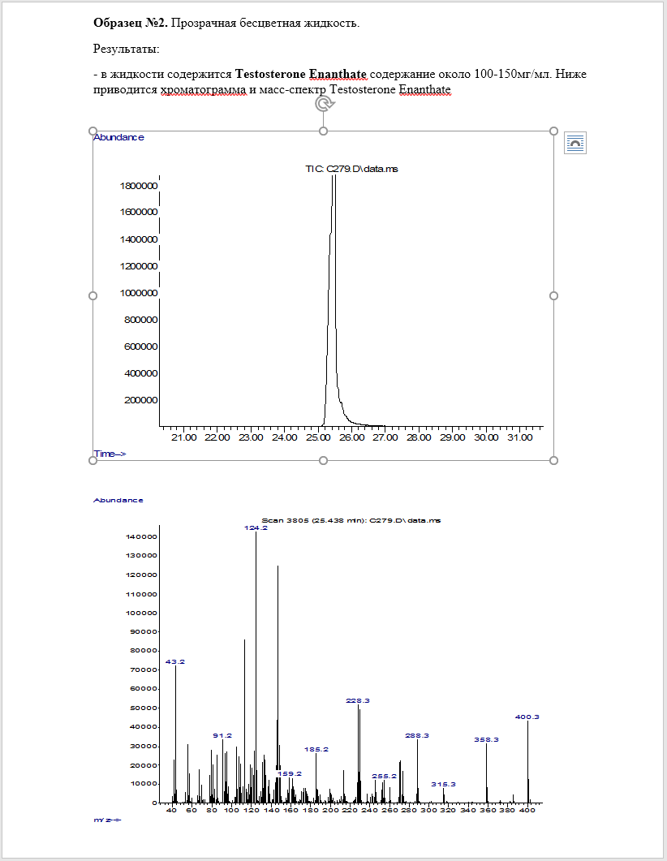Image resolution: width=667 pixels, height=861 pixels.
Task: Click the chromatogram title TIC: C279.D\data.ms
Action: click(x=351, y=169)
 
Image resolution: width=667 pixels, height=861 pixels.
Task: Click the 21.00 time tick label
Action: click(x=183, y=437)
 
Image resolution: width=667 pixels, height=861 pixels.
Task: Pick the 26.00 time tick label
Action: click(x=351, y=437)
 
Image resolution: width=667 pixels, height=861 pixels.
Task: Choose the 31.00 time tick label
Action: click(x=519, y=437)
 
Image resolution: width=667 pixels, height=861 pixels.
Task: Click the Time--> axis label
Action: click(x=110, y=454)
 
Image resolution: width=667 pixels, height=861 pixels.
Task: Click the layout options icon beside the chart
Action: click(x=575, y=143)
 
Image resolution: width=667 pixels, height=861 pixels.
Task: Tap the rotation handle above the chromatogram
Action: click(x=323, y=104)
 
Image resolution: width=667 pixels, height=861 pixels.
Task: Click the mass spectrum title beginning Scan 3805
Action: click(x=351, y=519)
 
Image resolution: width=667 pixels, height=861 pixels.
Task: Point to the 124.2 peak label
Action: click(x=256, y=527)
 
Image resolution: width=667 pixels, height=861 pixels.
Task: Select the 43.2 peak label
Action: click(x=175, y=661)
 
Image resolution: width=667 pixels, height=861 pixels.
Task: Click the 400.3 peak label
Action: click(x=527, y=717)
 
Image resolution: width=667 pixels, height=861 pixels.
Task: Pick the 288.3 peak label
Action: click(x=417, y=735)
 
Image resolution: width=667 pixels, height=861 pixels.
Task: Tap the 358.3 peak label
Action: click(x=486, y=739)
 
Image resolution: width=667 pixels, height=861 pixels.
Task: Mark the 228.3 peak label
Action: click(x=358, y=700)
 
